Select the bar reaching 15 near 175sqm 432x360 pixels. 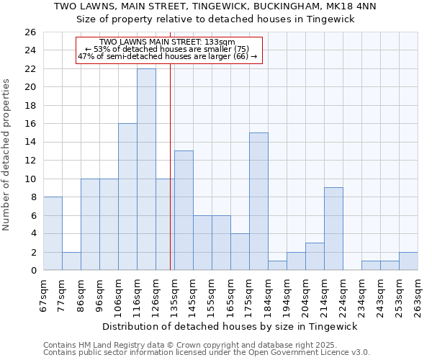258,202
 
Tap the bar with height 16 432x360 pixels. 127,197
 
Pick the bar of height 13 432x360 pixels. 184,210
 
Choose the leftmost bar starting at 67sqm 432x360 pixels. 53,233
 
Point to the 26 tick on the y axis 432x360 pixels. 30,32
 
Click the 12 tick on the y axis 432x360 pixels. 30,161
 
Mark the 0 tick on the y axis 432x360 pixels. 32,271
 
